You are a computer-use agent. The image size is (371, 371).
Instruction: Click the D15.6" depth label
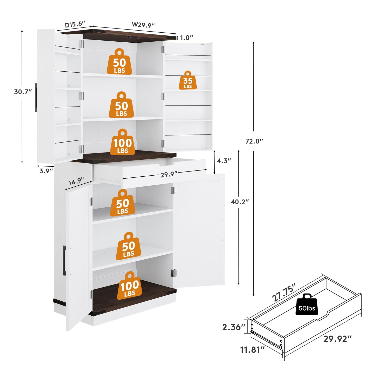(75, 24)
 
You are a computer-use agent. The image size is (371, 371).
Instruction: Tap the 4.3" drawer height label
(224, 161)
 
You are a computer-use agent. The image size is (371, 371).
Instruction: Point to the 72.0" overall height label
(254, 141)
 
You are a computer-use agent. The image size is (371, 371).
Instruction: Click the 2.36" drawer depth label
(234, 327)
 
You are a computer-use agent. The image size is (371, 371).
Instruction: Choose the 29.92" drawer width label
(338, 339)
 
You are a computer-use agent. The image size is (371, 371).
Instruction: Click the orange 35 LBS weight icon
(188, 80)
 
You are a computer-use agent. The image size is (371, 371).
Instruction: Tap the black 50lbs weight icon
(307, 308)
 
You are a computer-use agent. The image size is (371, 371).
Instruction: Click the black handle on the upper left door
(36, 97)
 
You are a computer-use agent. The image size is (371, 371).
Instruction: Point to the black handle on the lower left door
(64, 258)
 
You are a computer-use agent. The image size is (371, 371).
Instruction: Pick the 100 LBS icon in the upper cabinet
(123, 142)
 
